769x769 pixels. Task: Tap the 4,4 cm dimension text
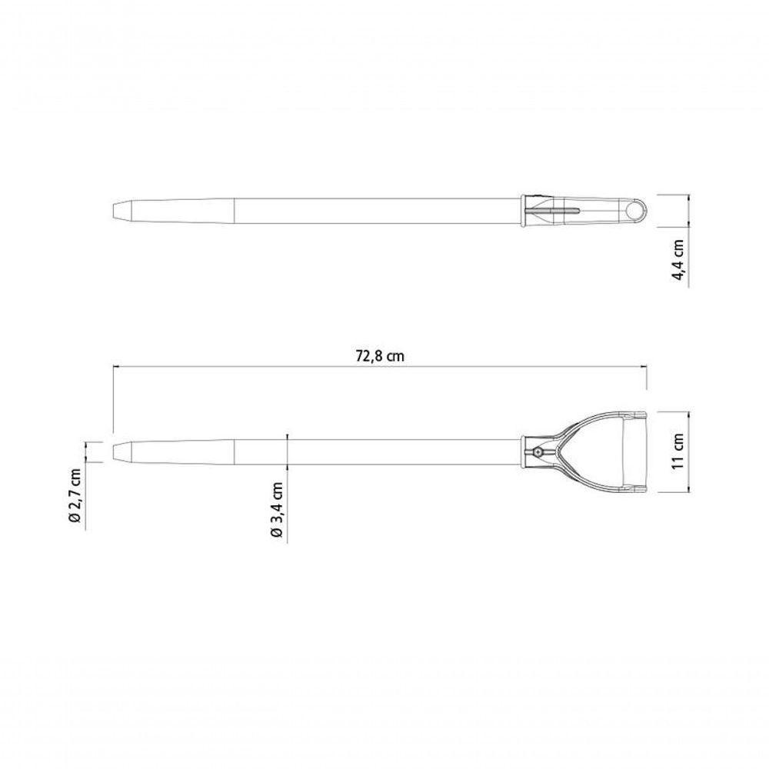pyautogui.click(x=679, y=260)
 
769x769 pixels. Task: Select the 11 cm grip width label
pyautogui.click(x=679, y=451)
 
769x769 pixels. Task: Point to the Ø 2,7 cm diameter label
pyautogui.click(x=75, y=495)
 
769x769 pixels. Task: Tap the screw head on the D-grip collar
pyautogui.click(x=538, y=452)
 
